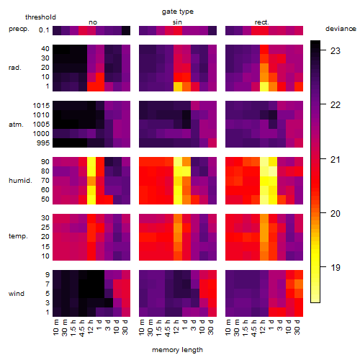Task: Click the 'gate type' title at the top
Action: point(178,12)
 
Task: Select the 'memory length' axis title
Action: point(177,350)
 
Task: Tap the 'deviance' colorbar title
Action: point(341,29)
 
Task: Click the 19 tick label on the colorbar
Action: point(336,267)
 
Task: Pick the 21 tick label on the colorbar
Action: point(336,159)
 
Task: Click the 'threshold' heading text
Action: point(40,17)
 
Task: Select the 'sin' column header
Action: point(177,22)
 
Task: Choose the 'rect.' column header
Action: point(261,22)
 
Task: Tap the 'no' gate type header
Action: point(93,22)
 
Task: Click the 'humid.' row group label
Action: point(20,181)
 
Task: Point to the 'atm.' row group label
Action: point(16,125)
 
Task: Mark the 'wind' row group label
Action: point(17,294)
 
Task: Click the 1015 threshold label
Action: point(41,106)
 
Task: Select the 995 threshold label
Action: point(43,143)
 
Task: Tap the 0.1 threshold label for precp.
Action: point(44,30)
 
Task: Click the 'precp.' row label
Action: point(19,29)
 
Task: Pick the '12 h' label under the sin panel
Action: point(176,327)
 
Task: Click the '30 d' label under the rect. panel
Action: point(297,327)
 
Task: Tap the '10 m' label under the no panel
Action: point(55,328)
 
